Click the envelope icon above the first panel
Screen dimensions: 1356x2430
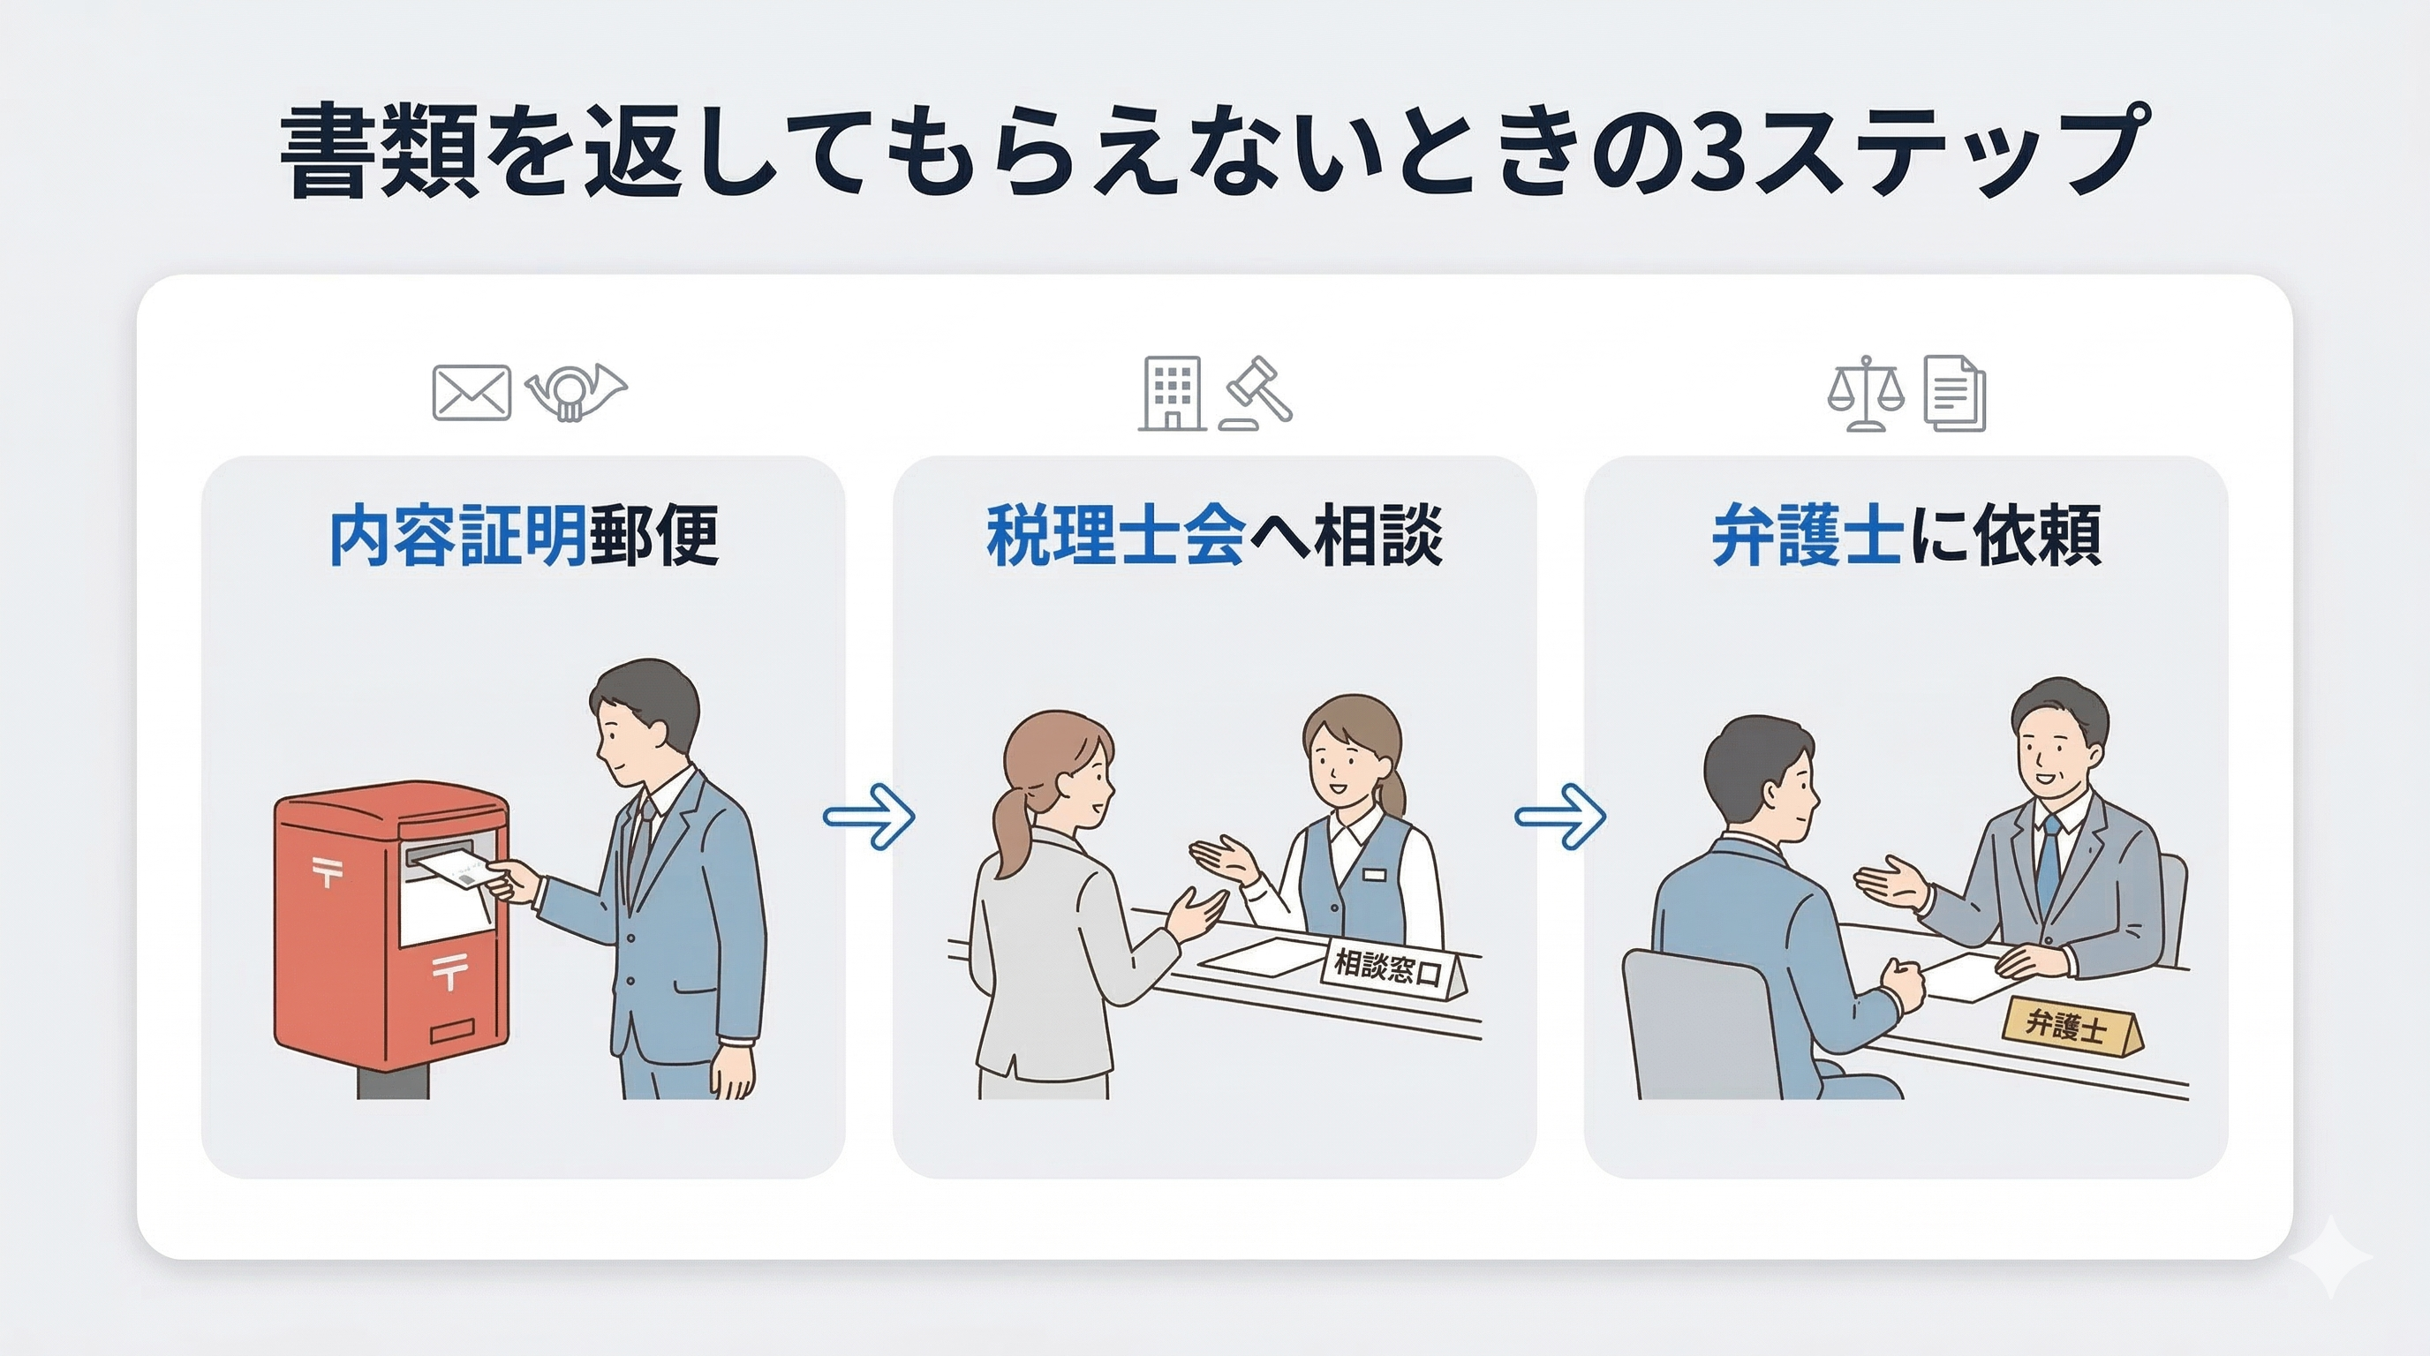point(471,393)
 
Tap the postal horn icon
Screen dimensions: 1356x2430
point(575,390)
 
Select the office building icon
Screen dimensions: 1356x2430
point(1172,393)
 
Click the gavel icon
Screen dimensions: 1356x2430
point(1257,393)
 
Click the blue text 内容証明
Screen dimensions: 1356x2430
point(457,536)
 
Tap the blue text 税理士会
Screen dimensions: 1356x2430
point(1115,536)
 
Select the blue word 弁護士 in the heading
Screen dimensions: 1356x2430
point(1807,536)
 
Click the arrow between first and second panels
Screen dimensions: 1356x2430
point(869,816)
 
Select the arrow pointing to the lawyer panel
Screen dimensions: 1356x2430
point(1560,816)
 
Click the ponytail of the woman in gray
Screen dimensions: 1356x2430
point(1010,830)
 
